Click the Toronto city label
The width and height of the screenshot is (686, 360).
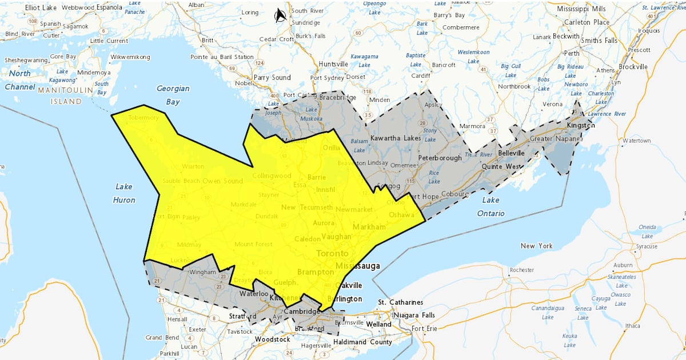click(x=332, y=253)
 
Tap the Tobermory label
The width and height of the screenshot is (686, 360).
click(x=143, y=118)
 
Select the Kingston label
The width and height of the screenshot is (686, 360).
click(x=581, y=125)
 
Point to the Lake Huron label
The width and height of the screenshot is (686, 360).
click(x=124, y=193)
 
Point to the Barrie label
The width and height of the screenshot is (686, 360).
click(x=316, y=177)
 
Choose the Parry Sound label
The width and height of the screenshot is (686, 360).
click(x=272, y=78)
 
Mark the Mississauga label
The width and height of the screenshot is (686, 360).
click(x=358, y=266)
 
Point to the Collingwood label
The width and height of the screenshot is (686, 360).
click(x=272, y=175)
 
